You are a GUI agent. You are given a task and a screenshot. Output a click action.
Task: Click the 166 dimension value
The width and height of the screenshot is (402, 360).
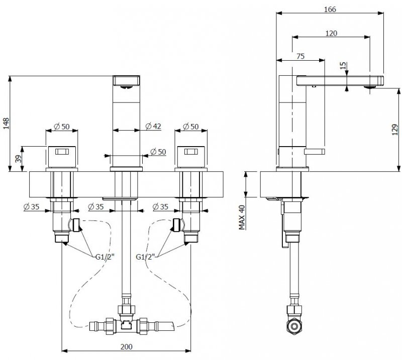click(x=330, y=9)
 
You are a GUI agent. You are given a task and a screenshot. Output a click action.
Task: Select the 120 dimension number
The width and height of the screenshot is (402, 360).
click(x=331, y=33)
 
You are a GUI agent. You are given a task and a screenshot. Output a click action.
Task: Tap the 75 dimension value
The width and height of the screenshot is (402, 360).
click(x=300, y=56)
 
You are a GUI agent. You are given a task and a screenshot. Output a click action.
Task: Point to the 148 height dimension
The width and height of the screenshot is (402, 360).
click(x=6, y=124)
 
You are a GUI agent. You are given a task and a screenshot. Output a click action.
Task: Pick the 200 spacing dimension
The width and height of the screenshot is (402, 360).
click(x=127, y=346)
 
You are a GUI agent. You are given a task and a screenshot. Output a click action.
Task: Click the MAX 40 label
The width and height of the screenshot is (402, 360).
click(x=242, y=217)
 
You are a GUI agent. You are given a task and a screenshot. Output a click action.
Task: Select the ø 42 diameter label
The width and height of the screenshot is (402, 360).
click(x=153, y=126)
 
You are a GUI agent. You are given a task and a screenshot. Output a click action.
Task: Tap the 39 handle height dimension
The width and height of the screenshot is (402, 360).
click(x=18, y=159)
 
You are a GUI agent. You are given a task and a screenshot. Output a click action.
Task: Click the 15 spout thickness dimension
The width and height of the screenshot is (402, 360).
click(x=343, y=66)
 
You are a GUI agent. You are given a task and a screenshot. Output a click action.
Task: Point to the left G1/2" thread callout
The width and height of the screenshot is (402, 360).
click(x=105, y=257)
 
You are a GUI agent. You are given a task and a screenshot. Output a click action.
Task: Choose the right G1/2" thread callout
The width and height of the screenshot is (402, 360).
click(x=145, y=257)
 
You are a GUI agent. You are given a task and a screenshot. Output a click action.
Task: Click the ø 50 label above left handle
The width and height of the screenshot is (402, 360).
click(x=62, y=127)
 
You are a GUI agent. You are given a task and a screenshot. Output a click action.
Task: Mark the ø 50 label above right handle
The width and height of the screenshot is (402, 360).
click(x=191, y=127)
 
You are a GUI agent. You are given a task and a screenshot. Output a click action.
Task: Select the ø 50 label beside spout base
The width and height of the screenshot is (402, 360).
click(x=158, y=152)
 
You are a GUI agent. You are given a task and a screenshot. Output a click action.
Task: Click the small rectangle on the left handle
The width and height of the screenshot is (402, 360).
click(x=62, y=152)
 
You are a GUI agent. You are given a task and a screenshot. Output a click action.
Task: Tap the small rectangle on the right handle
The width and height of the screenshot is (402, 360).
click(x=191, y=152)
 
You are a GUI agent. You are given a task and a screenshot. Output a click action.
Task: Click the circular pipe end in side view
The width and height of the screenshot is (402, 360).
click(x=293, y=326)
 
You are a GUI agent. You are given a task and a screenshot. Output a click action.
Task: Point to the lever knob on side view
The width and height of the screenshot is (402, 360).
click(x=315, y=152)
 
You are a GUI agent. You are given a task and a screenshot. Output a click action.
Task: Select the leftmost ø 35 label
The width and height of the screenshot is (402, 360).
click(x=31, y=206)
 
